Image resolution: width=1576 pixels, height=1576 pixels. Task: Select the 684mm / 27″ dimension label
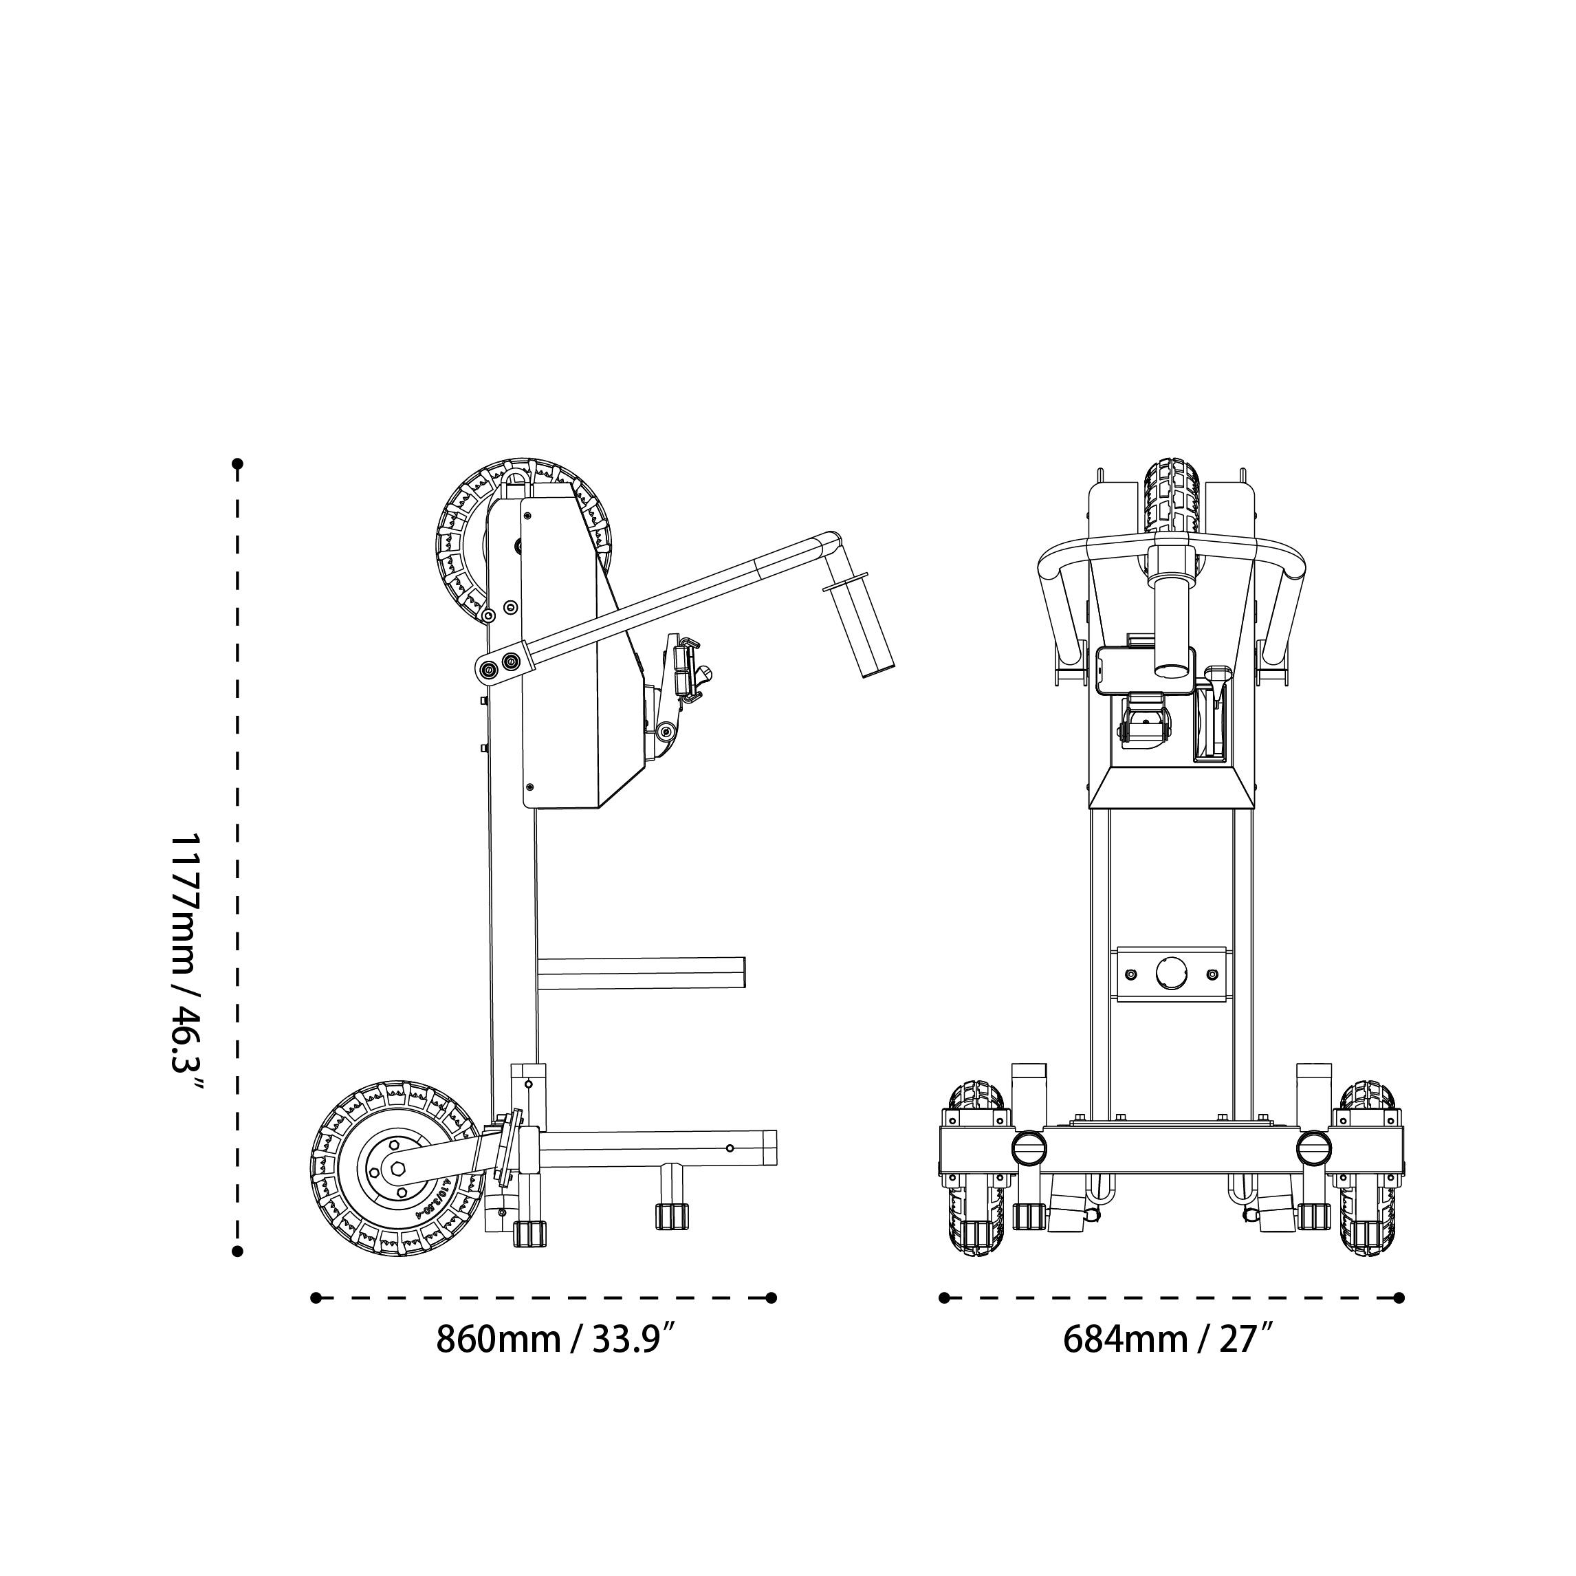(1168, 1339)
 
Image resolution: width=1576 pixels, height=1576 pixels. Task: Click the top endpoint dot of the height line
(237, 464)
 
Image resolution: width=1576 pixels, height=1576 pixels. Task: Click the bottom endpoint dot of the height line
(237, 1251)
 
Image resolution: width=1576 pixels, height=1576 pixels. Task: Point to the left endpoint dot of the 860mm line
(316, 1298)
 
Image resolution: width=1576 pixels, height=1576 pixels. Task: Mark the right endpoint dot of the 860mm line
(771, 1298)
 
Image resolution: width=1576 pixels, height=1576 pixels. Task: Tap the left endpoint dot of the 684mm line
(945, 1298)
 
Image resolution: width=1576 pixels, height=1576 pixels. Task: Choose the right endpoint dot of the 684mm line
(1400, 1298)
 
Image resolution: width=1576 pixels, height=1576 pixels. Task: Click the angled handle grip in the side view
(862, 628)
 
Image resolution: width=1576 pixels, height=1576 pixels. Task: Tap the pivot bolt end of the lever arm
(488, 670)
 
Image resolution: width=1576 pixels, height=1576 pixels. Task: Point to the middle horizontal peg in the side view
(641, 974)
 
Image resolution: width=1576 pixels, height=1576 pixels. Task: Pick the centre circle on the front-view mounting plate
(1172, 974)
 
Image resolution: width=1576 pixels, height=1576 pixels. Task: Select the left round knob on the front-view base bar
(1029, 1148)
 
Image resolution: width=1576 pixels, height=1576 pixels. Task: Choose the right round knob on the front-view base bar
(1314, 1148)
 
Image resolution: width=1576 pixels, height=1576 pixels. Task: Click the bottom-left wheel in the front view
(976, 1168)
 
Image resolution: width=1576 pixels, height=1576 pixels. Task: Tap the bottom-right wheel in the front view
(1368, 1168)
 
